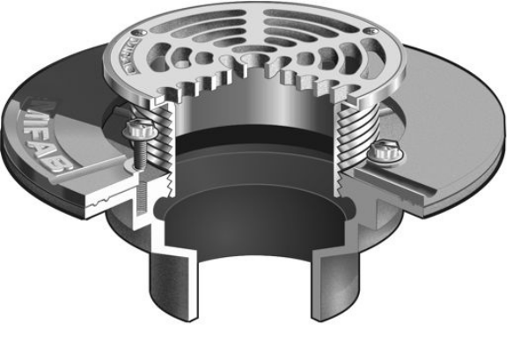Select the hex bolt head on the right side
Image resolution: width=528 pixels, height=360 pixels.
384,149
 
